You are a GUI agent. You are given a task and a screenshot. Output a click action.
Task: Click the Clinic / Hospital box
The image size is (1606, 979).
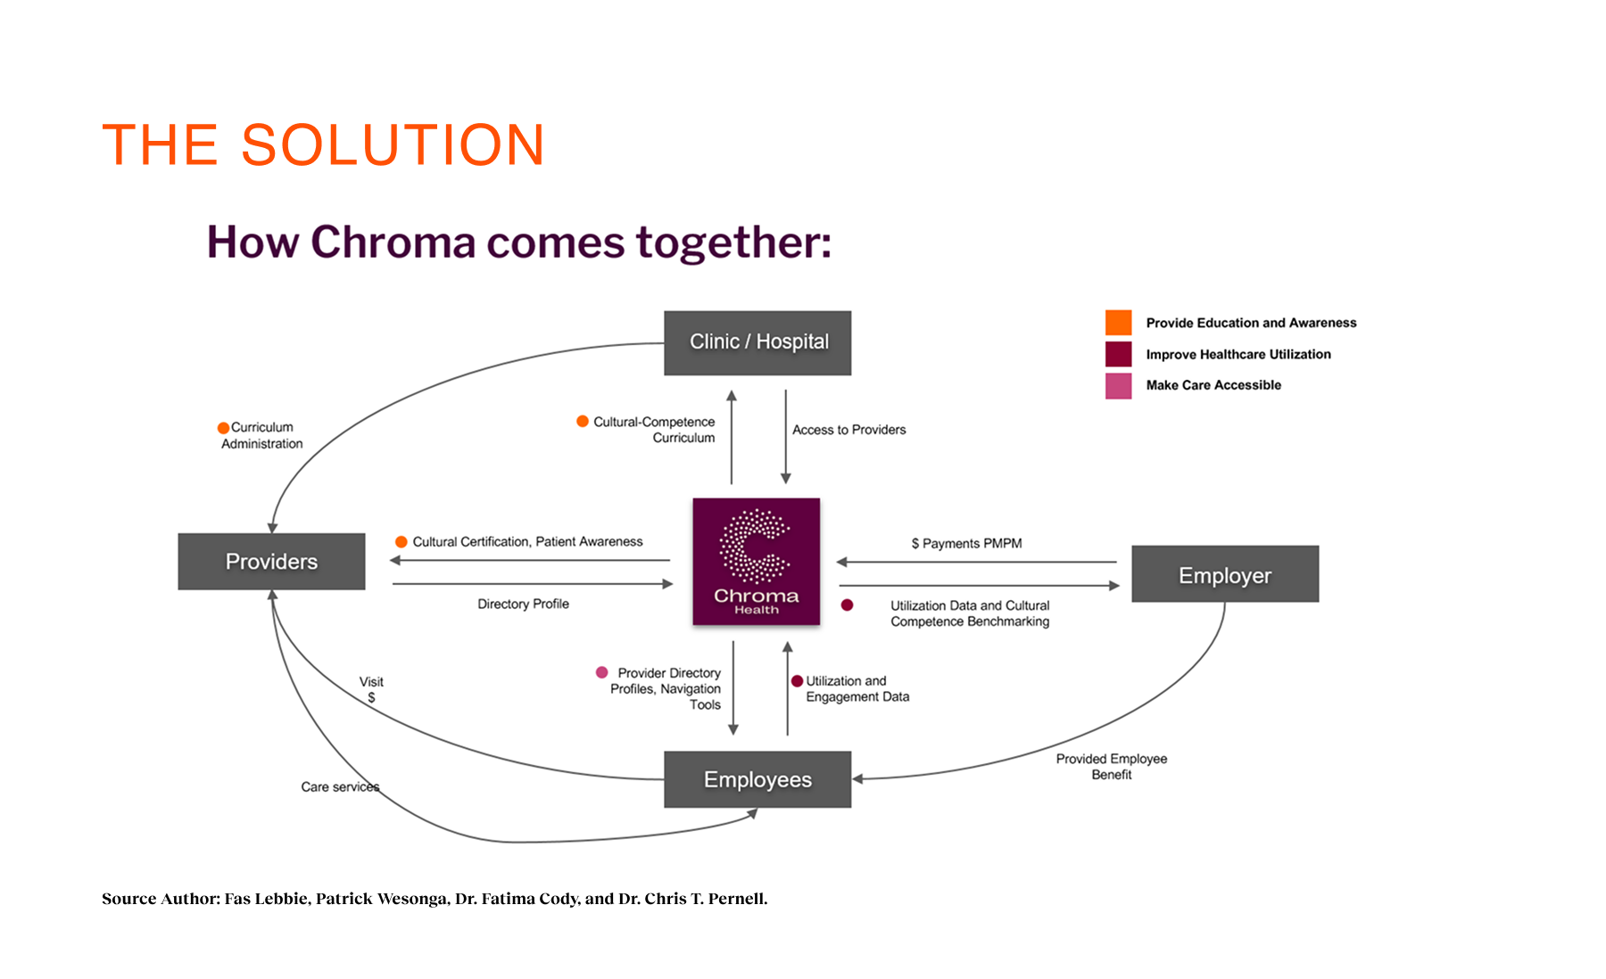point(757,342)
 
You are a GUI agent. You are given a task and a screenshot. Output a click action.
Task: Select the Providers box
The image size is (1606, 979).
point(271,562)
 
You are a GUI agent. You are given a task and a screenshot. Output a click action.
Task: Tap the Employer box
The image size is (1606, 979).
point(1225,574)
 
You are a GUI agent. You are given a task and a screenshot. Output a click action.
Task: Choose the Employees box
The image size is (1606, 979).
point(757,779)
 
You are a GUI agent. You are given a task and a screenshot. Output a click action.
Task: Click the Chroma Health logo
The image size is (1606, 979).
point(756,561)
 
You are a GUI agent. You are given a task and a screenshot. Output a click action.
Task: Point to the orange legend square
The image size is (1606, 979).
point(1118,323)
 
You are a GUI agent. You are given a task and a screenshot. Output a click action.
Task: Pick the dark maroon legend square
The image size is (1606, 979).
point(1118,354)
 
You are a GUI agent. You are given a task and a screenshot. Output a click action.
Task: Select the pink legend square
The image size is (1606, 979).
point(1118,385)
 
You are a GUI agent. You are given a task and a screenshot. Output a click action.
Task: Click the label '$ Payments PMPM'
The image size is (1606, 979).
point(966,543)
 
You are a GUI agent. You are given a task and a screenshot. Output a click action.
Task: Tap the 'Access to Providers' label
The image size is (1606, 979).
point(849,430)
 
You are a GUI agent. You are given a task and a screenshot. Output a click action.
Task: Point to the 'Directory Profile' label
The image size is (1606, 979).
point(523,604)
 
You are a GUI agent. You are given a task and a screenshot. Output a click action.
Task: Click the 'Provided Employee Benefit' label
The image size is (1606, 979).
point(1111,766)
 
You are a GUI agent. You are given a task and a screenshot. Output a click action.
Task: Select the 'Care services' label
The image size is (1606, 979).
point(340,786)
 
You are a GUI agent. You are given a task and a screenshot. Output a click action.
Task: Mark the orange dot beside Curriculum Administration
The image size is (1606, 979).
point(223,428)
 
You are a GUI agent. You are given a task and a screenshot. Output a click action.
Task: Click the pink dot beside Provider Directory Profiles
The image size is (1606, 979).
point(602,672)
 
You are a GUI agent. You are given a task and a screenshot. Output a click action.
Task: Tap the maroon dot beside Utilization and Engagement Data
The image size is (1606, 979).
point(797,681)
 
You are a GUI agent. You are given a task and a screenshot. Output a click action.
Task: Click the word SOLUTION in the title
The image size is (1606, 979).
point(393,145)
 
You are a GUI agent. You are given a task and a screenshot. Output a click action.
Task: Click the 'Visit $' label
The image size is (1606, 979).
point(371,689)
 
